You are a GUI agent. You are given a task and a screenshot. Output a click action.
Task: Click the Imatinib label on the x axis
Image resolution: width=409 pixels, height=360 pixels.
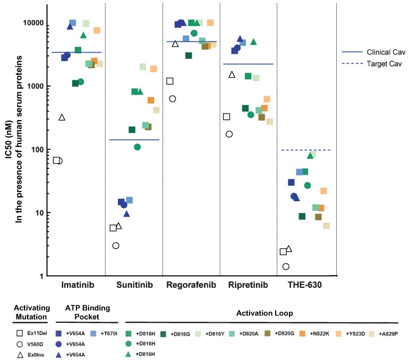pos(78,285)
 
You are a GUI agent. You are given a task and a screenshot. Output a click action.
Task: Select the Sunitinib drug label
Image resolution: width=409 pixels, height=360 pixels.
pos(134,285)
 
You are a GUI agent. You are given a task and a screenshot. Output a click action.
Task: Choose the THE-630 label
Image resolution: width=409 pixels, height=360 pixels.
pos(304,285)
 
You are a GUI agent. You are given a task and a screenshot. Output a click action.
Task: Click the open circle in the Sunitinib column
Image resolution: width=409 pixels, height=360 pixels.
pos(116,245)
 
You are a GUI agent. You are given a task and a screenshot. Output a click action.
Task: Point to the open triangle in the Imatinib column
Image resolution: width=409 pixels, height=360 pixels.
pos(62,117)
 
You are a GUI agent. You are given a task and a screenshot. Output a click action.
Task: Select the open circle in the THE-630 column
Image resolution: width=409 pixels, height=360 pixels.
pos(286,267)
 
